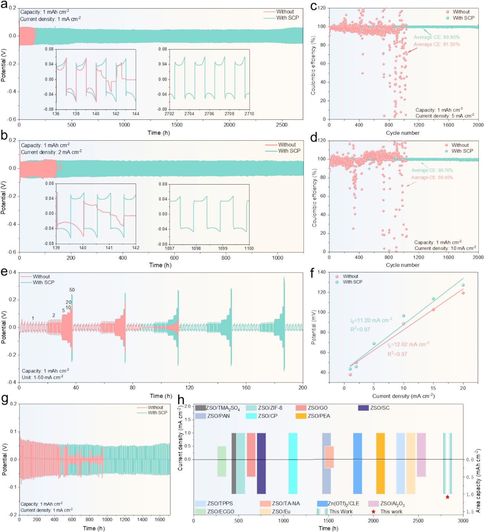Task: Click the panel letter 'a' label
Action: tap(4, 5)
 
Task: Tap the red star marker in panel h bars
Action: tap(447, 497)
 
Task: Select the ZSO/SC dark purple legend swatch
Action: tap(364, 408)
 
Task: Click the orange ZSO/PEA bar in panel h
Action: tap(380, 463)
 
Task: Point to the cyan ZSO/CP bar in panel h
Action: tap(293, 463)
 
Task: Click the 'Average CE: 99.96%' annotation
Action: tap(437, 37)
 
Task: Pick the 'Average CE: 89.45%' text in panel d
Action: tap(432, 178)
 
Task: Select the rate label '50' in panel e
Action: tap(72, 290)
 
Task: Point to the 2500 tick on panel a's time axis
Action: tap(282, 125)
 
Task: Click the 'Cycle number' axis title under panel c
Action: tap(402, 133)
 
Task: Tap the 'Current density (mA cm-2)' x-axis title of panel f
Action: tap(403, 396)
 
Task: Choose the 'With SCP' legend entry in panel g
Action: tap(157, 413)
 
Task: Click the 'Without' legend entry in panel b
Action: tap(287, 145)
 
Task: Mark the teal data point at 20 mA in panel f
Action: tap(463, 285)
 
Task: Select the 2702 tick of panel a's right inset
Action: tap(169, 114)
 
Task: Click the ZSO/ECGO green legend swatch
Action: tap(200, 511)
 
